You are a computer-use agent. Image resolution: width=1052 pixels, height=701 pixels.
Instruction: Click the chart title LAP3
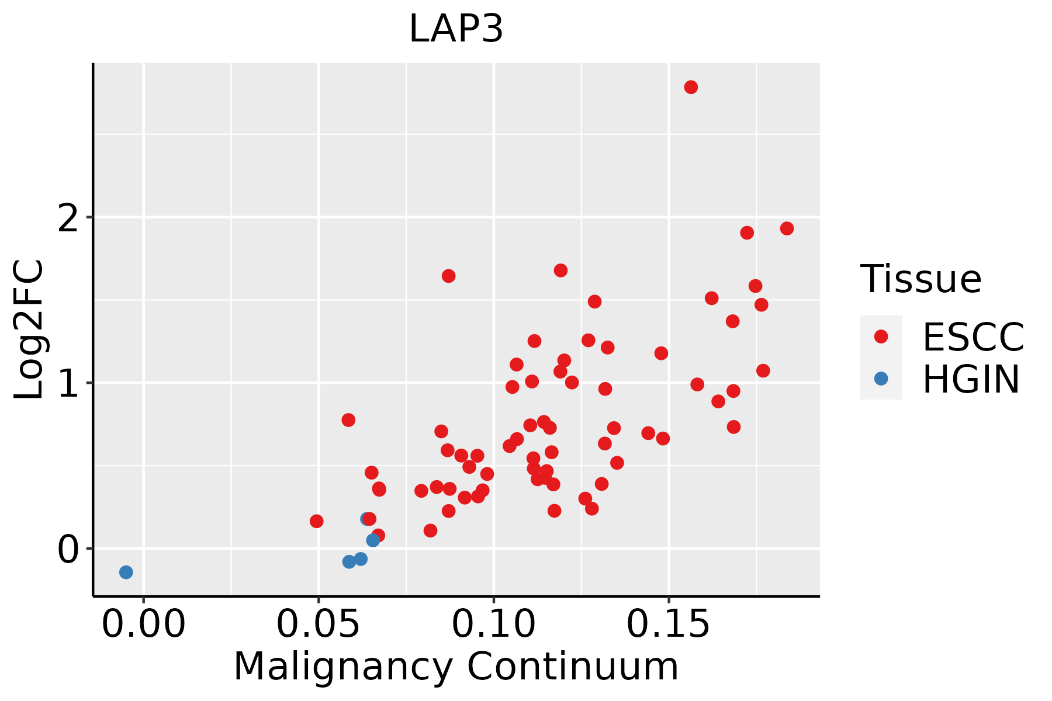click(456, 29)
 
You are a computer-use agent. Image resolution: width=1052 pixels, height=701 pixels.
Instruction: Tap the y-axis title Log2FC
click(29, 329)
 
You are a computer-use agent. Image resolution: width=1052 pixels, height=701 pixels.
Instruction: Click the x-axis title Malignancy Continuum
click(456, 667)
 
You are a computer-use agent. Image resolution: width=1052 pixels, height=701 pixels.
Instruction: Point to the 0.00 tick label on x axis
click(143, 624)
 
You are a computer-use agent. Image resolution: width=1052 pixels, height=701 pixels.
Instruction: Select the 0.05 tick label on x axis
click(319, 624)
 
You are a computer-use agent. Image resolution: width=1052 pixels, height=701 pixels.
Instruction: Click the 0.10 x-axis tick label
click(494, 624)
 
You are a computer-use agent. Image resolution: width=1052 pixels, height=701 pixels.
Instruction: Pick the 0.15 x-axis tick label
click(669, 624)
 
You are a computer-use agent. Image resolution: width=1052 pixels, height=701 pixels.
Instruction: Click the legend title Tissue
click(921, 279)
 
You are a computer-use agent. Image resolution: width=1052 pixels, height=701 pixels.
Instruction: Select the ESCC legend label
click(973, 337)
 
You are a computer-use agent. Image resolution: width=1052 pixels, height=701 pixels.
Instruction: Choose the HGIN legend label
click(971, 379)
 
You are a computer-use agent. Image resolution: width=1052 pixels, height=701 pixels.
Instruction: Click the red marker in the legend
click(881, 336)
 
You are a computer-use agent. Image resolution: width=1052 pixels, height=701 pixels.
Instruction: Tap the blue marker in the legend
click(881, 379)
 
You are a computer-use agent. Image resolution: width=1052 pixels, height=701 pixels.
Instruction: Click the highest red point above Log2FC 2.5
click(691, 87)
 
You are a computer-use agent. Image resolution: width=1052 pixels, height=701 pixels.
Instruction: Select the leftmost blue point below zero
click(126, 572)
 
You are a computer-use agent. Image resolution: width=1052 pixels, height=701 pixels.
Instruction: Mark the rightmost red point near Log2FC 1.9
click(787, 228)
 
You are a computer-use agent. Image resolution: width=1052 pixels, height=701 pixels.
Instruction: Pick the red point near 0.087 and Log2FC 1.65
click(448, 276)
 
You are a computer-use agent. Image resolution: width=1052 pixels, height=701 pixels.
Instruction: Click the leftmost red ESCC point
click(316, 521)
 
